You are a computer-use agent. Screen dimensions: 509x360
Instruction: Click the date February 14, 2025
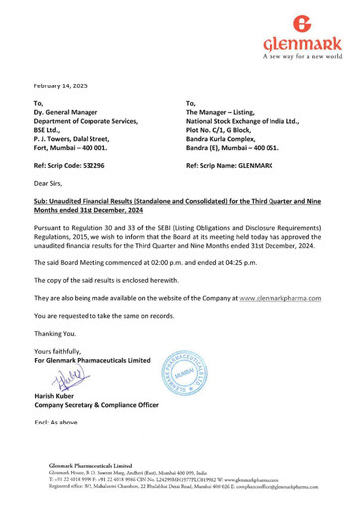61,87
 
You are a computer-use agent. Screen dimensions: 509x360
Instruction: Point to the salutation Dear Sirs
51,183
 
